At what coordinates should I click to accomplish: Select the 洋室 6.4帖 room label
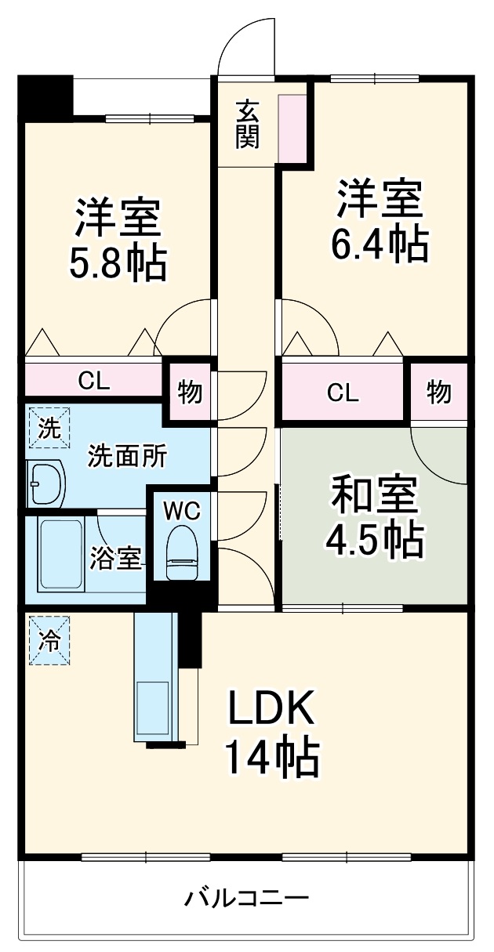coord(380,221)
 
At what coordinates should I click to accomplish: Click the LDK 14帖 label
coord(272,733)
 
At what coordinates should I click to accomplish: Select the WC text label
coord(182,511)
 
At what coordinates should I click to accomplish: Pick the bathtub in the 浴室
coord(61,555)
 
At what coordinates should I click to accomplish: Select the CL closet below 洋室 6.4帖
coord(343,392)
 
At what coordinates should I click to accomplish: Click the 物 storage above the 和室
coord(439,392)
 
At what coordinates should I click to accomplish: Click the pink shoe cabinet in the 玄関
coord(293,129)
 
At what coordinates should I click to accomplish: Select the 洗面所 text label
coord(126,456)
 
